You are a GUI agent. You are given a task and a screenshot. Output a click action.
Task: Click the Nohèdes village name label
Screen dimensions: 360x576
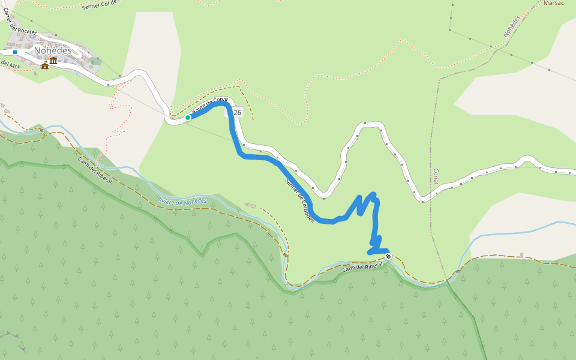[x=53, y=50]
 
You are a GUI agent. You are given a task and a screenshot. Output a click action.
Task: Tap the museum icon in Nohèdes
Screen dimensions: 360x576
[x=53, y=61]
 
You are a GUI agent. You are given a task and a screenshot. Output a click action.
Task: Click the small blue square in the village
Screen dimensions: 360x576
[x=15, y=52]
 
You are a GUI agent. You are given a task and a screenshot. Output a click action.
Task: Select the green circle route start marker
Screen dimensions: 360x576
[x=188, y=118]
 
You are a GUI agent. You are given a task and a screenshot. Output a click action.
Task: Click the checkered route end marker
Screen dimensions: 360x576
[x=388, y=257]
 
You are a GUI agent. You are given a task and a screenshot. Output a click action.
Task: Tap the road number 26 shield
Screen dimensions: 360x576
[x=237, y=112]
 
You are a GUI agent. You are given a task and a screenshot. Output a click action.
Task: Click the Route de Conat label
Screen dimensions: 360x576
[x=209, y=106]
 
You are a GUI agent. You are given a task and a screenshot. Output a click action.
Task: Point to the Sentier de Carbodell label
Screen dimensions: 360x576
[x=300, y=200]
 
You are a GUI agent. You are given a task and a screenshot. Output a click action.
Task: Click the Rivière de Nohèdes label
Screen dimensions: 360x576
[x=181, y=201]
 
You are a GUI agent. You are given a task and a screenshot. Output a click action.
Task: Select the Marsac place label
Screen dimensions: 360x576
[x=553, y=3]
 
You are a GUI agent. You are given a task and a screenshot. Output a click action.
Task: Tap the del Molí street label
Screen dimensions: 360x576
[x=10, y=64]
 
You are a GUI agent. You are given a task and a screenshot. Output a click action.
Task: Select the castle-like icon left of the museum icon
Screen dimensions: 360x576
[x=45, y=65]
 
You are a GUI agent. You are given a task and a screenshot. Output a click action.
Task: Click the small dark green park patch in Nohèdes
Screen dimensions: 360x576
[x=96, y=61]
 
